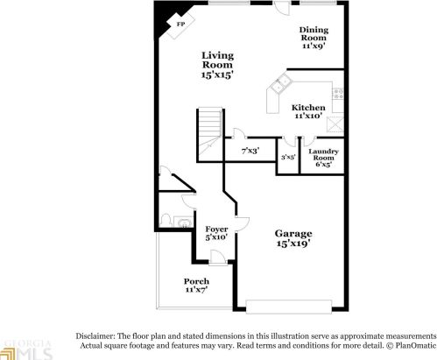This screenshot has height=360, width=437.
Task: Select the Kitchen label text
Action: [307, 109]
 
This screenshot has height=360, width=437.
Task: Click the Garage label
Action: [293, 234]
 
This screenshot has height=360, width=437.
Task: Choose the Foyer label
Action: [216, 230]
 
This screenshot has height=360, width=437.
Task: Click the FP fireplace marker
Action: [180, 25]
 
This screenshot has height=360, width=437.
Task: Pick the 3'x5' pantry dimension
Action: [287, 158]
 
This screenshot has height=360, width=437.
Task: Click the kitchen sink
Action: [282, 85]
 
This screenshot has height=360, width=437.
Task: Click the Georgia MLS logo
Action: [26, 348]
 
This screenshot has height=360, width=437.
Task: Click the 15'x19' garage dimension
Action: [293, 245]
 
